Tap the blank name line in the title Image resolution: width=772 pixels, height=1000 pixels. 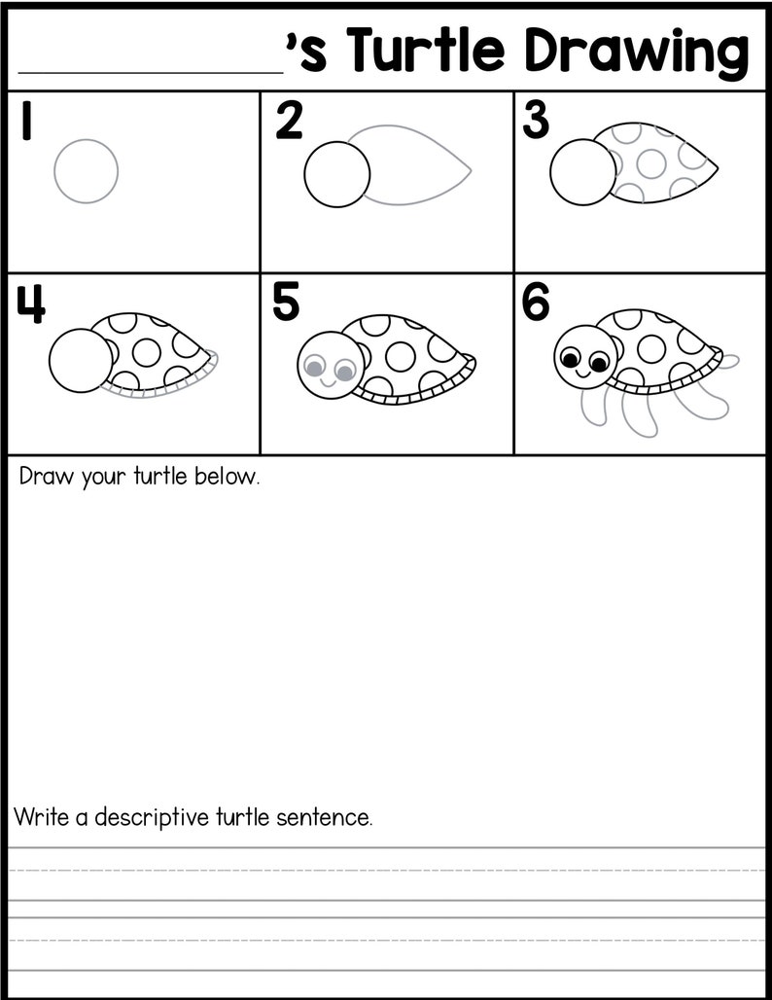click(151, 68)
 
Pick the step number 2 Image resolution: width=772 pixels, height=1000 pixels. click(289, 122)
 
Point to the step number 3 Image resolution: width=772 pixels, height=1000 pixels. click(536, 122)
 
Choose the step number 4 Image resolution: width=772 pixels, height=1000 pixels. click(30, 304)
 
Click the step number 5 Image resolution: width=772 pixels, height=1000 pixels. click(286, 303)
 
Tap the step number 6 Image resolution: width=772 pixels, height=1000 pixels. click(536, 304)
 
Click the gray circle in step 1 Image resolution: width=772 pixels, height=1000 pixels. click(86, 171)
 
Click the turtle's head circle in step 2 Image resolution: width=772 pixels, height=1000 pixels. click(337, 175)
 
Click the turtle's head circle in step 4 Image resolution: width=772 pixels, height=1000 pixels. click(80, 361)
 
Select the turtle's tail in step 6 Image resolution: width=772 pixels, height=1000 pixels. click(729, 361)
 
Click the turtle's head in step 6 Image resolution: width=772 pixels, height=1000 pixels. click(585, 356)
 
